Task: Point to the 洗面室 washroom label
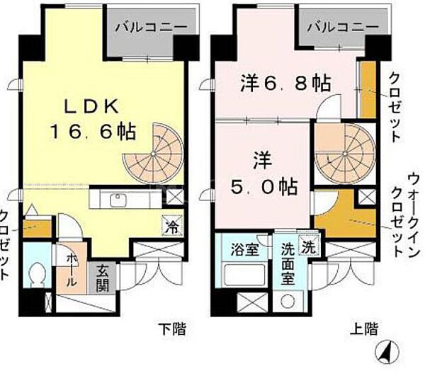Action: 288,261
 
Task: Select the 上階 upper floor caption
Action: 363,328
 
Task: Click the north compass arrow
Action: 387,350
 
